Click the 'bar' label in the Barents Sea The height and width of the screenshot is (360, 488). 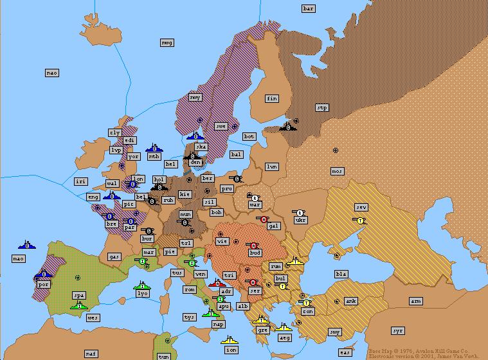click(309, 8)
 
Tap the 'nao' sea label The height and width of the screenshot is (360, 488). click(52, 73)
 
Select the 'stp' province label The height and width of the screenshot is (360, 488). click(322, 108)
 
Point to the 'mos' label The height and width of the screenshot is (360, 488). click(338, 171)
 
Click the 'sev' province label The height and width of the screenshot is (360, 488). click(361, 207)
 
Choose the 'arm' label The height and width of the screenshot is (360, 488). click(416, 301)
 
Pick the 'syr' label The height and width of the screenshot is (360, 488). click(398, 330)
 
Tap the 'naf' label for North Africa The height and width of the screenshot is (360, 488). click(91, 354)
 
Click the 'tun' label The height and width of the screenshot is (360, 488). click(164, 356)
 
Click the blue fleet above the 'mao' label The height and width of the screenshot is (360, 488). click(26, 245)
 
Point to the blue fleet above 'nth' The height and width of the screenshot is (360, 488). click(154, 148)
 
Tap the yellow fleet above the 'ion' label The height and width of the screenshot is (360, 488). click(230, 339)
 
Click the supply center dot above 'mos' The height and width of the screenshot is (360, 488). click(336, 150)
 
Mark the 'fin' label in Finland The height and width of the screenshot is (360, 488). click(272, 98)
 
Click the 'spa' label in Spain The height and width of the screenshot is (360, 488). click(79, 296)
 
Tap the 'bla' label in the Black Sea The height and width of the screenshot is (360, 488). click(341, 274)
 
